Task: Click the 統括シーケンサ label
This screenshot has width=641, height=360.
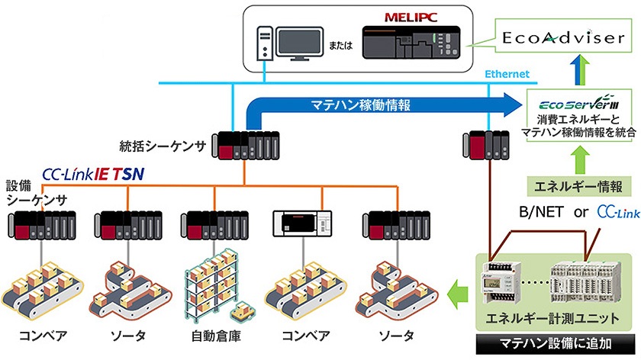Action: coord(153,144)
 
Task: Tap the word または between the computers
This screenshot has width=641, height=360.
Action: coord(341,44)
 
